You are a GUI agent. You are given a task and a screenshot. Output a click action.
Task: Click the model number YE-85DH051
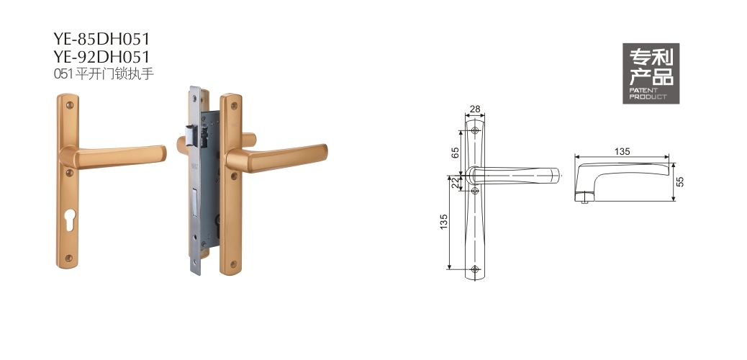click(x=101, y=39)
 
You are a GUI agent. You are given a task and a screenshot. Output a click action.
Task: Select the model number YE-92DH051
click(x=101, y=57)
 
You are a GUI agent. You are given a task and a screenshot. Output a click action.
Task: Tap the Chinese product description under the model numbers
click(x=104, y=74)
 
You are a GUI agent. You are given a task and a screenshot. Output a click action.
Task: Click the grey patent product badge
click(x=651, y=73)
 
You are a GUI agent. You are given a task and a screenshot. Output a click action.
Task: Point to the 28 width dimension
click(x=475, y=109)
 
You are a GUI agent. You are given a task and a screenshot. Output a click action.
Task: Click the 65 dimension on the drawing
click(x=456, y=153)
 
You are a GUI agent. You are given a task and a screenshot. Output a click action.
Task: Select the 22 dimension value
click(x=456, y=183)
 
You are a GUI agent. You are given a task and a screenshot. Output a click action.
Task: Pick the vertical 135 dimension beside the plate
click(x=443, y=222)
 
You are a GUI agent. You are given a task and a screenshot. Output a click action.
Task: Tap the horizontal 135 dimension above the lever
click(x=622, y=152)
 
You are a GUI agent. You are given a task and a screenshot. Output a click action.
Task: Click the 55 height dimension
click(x=680, y=181)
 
